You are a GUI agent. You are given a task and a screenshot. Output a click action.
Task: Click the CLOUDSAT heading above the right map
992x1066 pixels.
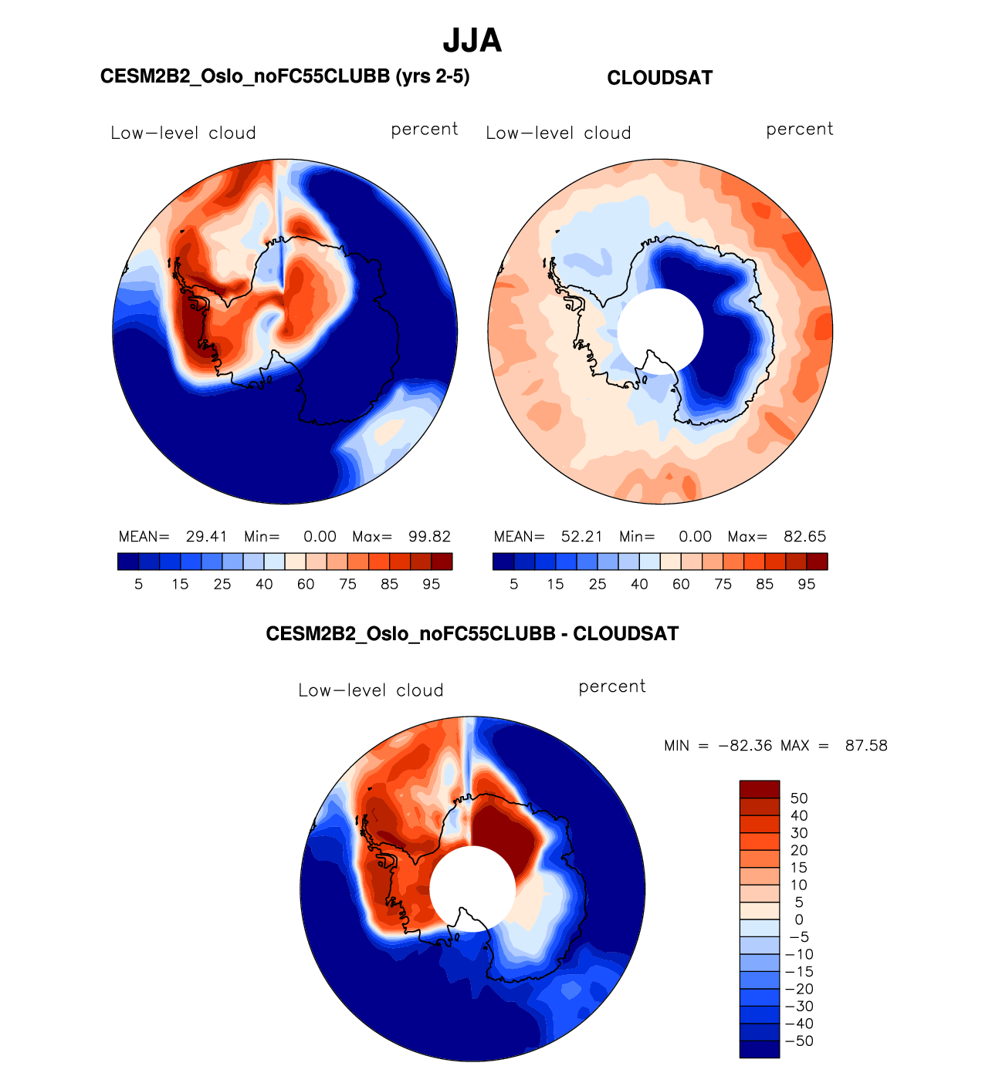659,78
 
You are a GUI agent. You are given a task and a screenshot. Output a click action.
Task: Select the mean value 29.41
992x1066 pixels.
206,537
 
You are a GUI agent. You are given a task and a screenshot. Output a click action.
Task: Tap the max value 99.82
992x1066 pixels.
430,537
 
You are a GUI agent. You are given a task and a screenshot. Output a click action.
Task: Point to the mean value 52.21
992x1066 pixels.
581,537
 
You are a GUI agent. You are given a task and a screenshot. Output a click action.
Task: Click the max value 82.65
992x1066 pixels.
805,537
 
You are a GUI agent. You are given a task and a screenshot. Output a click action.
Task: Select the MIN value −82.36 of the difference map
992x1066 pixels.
745,746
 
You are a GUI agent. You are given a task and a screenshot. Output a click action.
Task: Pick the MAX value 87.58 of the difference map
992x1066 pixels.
866,746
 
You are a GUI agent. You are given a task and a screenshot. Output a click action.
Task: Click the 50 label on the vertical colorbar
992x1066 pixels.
799,798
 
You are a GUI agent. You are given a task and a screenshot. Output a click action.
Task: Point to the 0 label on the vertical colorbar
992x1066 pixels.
799,919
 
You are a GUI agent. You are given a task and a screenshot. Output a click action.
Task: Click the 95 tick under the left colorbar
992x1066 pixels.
432,585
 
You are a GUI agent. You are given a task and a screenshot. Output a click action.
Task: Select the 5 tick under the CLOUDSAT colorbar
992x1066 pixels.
514,585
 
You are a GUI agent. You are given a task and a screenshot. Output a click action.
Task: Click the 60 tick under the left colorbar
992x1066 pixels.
306,585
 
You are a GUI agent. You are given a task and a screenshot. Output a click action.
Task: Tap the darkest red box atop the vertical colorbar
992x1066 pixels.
760,789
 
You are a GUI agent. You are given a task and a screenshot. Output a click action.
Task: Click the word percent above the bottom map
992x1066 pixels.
612,686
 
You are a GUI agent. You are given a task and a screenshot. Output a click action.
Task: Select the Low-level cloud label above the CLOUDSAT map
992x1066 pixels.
558,133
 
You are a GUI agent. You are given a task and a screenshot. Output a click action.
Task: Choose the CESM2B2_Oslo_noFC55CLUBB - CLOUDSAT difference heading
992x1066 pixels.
472,634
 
